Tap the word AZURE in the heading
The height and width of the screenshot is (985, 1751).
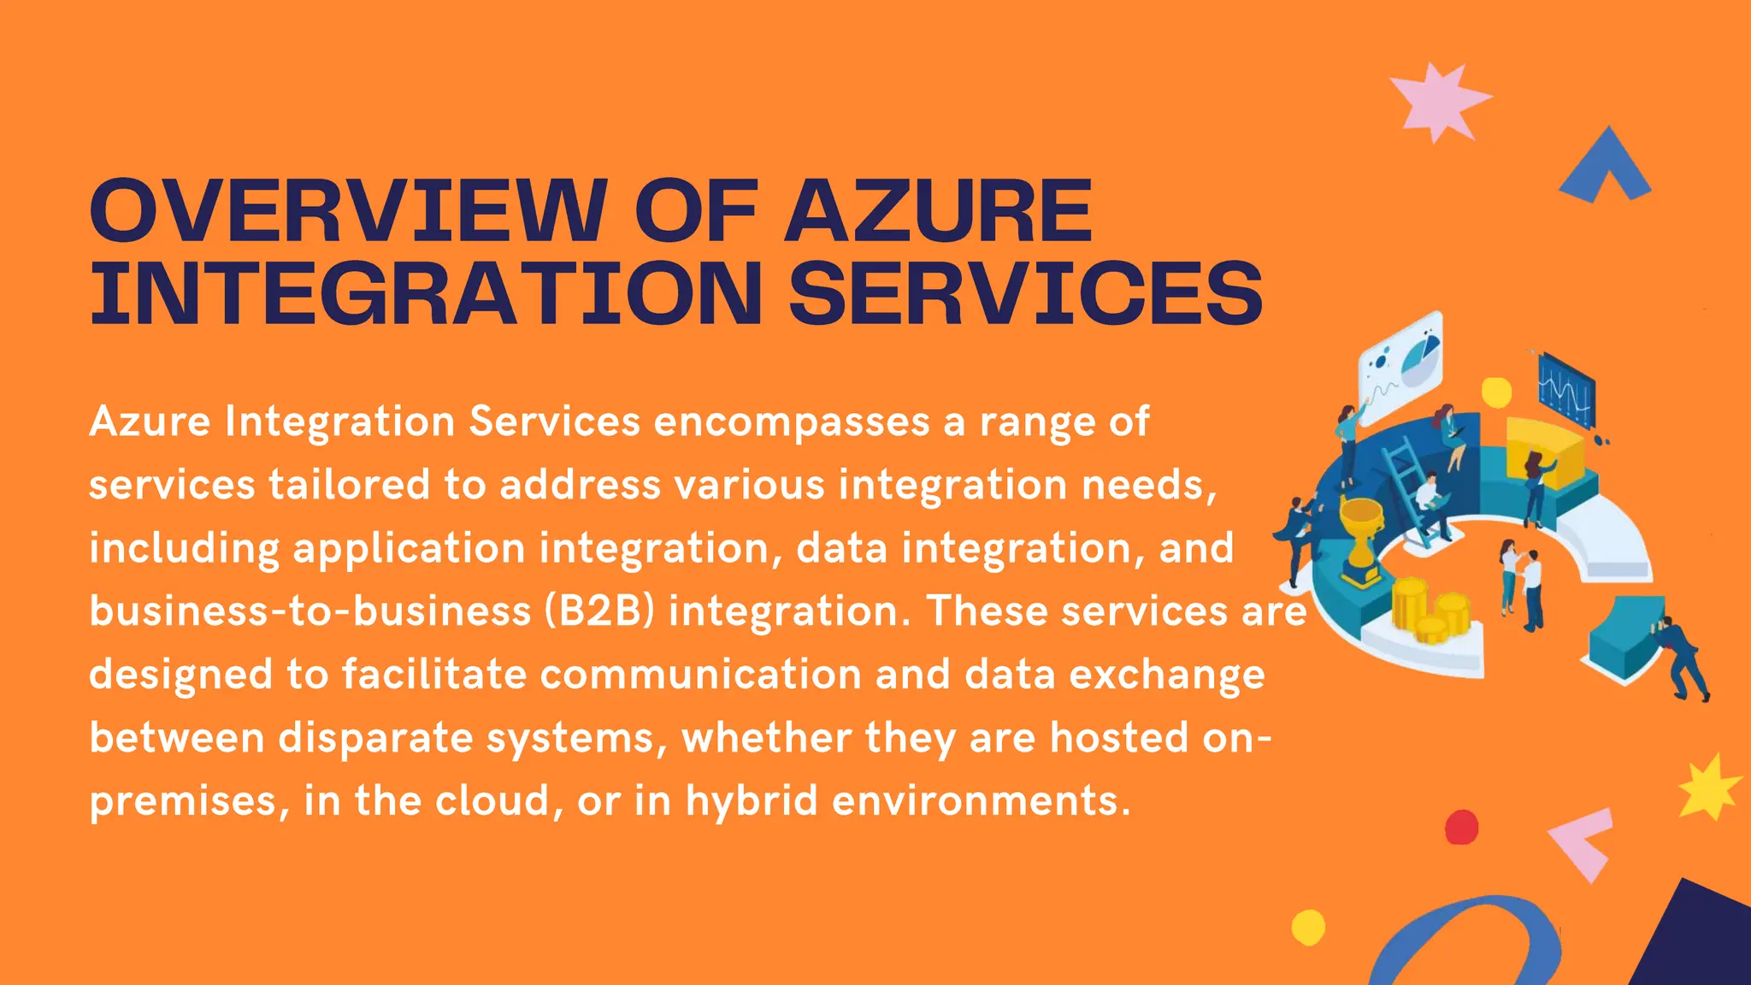click(x=938, y=210)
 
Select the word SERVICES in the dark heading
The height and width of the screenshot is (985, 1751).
click(x=1025, y=292)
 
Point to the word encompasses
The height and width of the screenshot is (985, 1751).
click(x=792, y=422)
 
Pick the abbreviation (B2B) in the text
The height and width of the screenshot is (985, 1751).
click(x=599, y=611)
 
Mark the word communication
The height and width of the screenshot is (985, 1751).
click(x=700, y=674)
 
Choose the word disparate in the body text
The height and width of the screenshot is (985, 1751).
click(x=375, y=737)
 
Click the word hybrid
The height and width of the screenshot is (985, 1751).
click(x=752, y=800)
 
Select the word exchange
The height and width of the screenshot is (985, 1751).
click(x=1166, y=674)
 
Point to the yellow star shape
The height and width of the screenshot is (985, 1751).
click(x=1707, y=787)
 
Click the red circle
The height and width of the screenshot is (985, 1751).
click(x=1461, y=827)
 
